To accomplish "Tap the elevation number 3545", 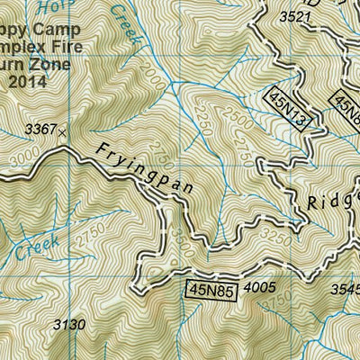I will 345,289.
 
